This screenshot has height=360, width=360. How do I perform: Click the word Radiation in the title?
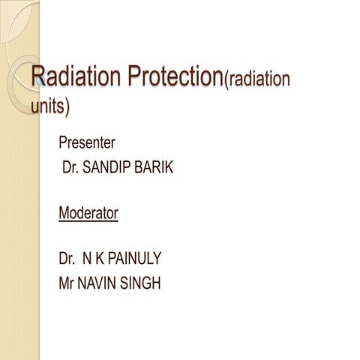point(68,77)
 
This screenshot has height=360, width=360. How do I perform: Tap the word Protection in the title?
point(167,77)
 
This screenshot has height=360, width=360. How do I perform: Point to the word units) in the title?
point(50,106)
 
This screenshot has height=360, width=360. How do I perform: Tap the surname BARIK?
point(156,168)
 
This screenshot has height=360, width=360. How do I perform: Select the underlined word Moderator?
point(88,213)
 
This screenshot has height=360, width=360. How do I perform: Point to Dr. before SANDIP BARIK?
point(72,168)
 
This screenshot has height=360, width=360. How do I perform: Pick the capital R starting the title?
point(38,77)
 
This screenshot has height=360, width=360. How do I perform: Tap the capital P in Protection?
point(115,77)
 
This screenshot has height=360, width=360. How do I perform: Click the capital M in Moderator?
point(64,213)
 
